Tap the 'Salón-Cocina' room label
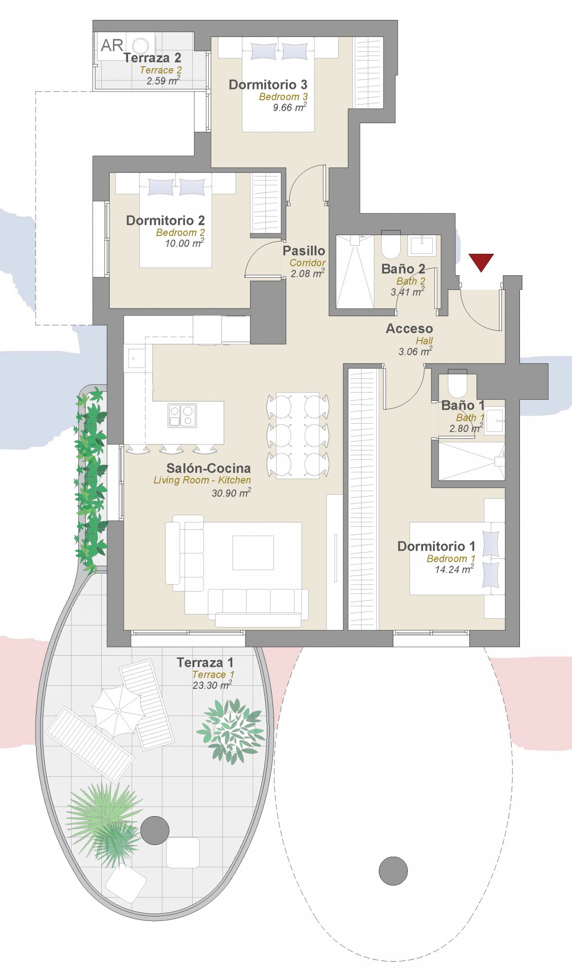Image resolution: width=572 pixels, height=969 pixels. (208, 468)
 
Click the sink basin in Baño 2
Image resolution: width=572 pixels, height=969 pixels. (421, 246)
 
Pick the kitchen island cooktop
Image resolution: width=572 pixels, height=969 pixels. (182, 415)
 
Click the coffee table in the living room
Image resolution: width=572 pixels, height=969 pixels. (253, 553)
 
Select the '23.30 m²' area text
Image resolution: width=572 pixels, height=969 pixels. (212, 685)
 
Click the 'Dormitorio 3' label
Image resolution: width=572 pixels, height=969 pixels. (268, 85)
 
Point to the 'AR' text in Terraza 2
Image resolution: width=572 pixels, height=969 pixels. (112, 45)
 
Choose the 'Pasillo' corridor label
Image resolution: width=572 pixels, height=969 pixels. (304, 251)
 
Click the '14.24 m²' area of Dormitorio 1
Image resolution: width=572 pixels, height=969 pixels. (454, 569)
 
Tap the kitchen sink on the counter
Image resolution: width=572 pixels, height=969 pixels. (136, 358)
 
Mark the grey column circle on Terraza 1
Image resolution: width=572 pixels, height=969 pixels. (155, 830)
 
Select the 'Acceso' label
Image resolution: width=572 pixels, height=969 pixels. (409, 329)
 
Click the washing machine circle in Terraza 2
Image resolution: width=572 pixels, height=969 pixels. (141, 46)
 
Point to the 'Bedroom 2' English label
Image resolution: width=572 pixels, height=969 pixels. (180, 233)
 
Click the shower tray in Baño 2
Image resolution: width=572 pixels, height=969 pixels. (355, 271)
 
